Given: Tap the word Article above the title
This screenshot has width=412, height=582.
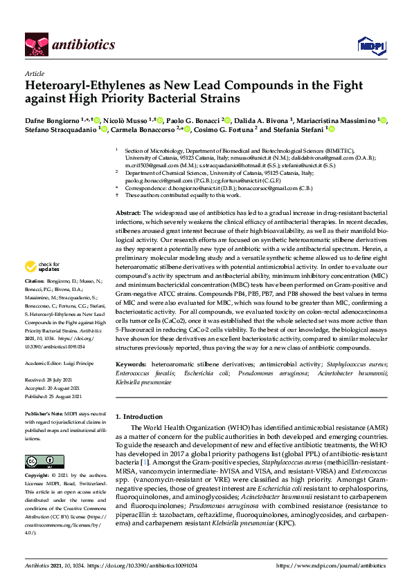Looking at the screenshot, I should [x=35, y=73].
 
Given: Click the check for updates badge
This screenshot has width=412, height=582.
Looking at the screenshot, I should [x=42, y=267].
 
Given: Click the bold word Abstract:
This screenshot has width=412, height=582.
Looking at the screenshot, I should [x=128, y=212].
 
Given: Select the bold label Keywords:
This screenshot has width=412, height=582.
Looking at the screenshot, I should [x=131, y=364].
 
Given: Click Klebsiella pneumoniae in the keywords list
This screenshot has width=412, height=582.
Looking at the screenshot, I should [x=143, y=382].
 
